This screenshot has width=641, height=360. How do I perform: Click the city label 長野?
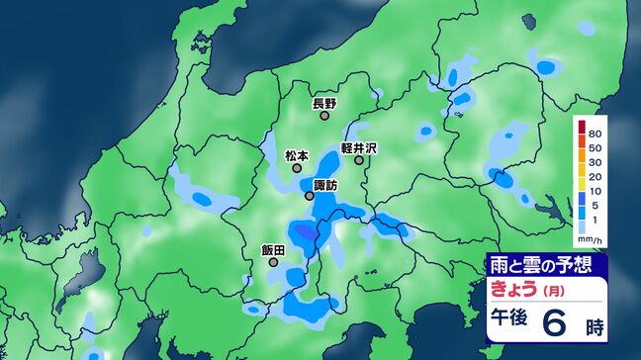(324, 103)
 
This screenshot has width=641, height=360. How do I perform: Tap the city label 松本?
(297, 155)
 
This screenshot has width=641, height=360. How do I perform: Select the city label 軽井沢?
(359, 147)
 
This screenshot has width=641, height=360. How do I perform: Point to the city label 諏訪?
(324, 185)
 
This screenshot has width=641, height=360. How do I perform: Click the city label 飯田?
(273, 250)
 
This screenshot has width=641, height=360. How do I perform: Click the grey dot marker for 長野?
(324, 116)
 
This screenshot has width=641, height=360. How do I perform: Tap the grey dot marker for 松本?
(297, 168)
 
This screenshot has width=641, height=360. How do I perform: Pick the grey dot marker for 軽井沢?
(359, 160)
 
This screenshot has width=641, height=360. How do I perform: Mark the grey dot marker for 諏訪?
(310, 196)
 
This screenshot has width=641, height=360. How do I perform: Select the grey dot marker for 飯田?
(273, 263)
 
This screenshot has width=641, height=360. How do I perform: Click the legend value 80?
(595, 133)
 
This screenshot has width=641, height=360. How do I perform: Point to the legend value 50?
(595, 147)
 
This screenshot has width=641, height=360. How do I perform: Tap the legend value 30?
(595, 161)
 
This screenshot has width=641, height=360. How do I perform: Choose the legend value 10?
(595, 191)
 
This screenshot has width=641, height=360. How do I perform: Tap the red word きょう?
(514, 289)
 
